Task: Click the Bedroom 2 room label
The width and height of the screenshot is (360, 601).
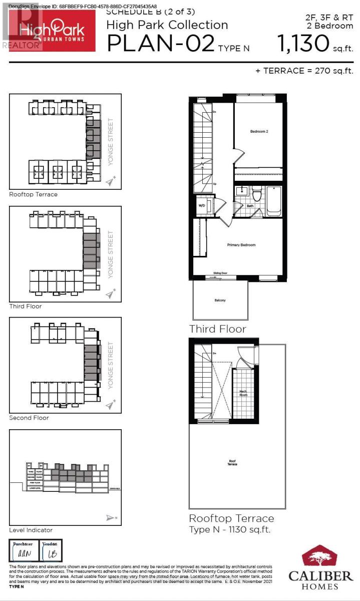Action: pos(260,132)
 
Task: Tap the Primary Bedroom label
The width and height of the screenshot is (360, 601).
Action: pos(241,245)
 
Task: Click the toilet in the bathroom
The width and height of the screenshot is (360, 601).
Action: pos(257,193)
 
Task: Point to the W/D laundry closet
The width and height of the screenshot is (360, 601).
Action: pos(202,205)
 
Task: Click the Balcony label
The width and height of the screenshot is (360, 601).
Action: pos(220,300)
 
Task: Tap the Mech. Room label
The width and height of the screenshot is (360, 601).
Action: pos(244,394)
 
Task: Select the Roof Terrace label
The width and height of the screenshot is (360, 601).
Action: pos(232,462)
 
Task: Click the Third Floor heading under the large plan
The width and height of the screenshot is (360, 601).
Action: pos(217,329)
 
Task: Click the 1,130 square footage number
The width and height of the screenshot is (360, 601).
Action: pos(302,44)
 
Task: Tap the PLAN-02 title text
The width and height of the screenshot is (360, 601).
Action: pos(161,44)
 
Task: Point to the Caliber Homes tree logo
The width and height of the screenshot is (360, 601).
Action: pos(320,557)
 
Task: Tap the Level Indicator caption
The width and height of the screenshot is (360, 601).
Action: pos(31,530)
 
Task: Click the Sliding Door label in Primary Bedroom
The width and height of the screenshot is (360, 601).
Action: pos(220,273)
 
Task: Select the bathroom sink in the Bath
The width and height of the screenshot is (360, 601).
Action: pos(241,191)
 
